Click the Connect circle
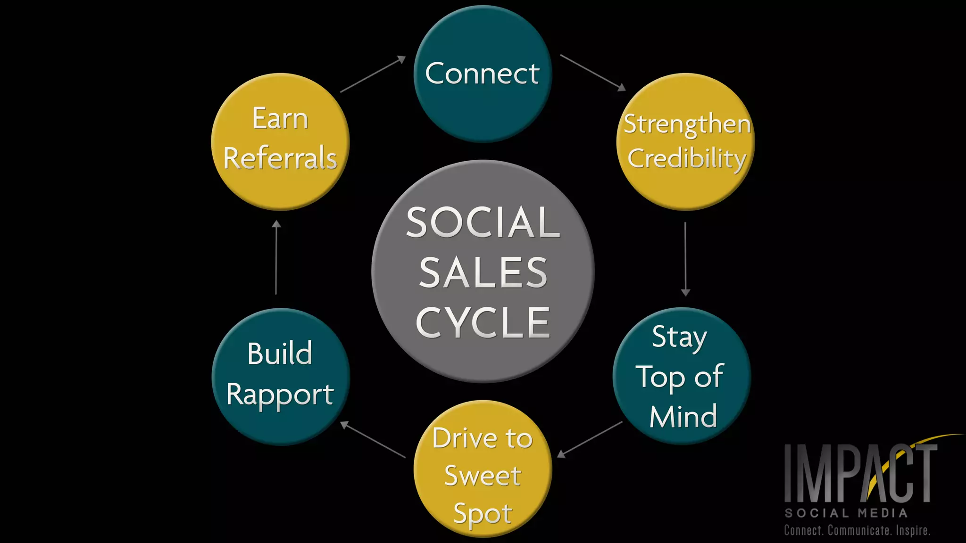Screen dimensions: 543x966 (483, 74)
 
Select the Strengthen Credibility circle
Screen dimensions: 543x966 (685, 141)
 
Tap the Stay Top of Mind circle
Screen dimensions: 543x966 (682, 376)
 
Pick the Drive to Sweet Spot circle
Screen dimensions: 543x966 (483, 469)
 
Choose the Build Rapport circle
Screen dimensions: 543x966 (281, 377)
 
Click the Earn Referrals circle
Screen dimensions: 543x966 (280, 141)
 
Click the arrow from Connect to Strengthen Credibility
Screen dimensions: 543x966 (592, 72)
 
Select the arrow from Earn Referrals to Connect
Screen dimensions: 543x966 (373, 74)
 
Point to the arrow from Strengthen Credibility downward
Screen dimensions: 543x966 (685, 259)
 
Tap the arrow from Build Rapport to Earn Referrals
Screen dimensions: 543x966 (276, 257)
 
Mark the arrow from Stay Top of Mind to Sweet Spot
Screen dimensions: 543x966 (590, 439)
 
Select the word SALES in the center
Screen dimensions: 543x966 (483, 273)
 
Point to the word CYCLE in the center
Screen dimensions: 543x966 (483, 323)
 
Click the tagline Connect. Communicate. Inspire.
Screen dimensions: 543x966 (857, 531)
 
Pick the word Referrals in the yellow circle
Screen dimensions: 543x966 (280, 158)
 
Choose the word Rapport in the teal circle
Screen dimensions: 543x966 (280, 395)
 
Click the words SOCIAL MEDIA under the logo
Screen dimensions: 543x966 (846, 513)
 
